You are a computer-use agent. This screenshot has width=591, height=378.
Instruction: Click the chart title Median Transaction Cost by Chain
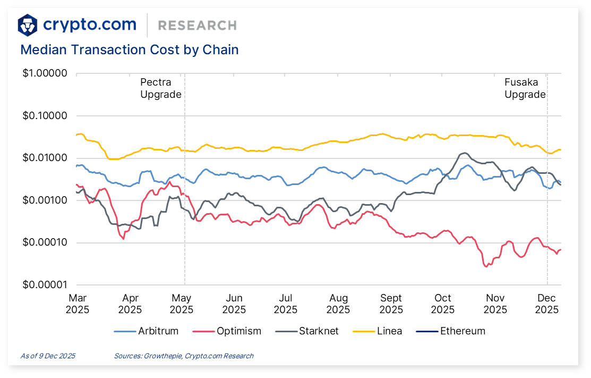point(129,50)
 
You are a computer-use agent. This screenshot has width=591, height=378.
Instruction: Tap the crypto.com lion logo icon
point(28,24)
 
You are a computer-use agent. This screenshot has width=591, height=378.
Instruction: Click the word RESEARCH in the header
point(197,25)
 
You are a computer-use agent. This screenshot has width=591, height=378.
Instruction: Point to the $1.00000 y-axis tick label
point(45,73)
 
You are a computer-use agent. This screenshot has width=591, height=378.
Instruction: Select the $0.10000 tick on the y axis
point(45,116)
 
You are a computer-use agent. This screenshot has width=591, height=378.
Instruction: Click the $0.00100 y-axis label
point(45,200)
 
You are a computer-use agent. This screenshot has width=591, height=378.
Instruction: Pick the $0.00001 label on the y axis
point(45,285)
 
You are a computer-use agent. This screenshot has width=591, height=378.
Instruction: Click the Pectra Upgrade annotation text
point(160,88)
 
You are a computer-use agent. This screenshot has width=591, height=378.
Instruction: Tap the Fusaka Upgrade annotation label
point(525,88)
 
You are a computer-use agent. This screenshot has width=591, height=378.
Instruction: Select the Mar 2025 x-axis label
point(78,304)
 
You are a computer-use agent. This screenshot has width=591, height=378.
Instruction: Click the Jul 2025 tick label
point(286,304)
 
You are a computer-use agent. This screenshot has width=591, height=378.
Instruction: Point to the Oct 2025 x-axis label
point(443,304)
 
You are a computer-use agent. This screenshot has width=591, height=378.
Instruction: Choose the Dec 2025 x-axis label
point(547,304)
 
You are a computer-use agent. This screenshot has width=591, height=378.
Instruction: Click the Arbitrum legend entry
point(147,331)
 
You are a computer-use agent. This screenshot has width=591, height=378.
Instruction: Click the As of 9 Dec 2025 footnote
point(48,356)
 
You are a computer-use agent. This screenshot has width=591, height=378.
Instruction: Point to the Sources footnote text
point(183,356)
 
